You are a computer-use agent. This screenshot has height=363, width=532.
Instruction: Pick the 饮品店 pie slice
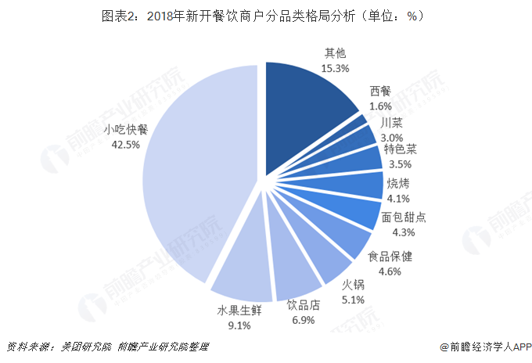pos(298,267)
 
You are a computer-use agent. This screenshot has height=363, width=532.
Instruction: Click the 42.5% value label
pos(126,144)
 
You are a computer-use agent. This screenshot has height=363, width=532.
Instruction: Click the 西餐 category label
pos(381,92)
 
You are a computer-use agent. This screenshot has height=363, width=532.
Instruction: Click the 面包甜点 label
pos(404,218)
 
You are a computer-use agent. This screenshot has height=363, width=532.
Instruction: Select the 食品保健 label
pos(395,257)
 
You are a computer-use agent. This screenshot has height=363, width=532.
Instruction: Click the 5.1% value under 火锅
pos(354,298)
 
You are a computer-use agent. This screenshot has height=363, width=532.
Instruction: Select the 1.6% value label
pos(380,106)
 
